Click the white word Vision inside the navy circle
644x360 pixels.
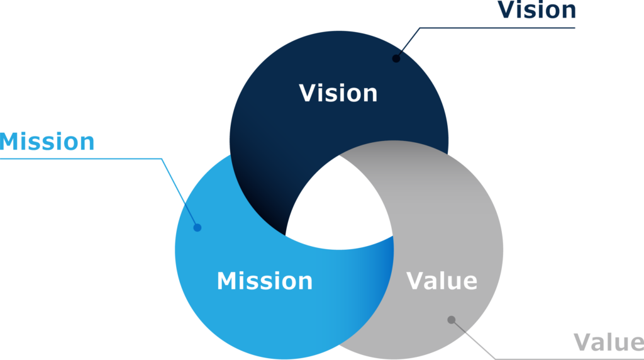(338, 93)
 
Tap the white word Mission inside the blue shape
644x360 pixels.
(264, 281)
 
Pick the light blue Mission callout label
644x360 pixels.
(47, 142)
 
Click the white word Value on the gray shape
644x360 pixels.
(441, 281)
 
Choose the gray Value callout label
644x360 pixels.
(608, 343)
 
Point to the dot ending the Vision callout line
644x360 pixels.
(396, 59)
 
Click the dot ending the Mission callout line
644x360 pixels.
(197, 227)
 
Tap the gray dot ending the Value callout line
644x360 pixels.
(451, 320)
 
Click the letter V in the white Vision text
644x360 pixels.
(308, 93)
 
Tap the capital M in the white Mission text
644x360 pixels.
(227, 281)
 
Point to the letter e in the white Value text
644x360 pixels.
(469, 283)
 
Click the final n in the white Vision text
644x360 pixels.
(370, 95)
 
